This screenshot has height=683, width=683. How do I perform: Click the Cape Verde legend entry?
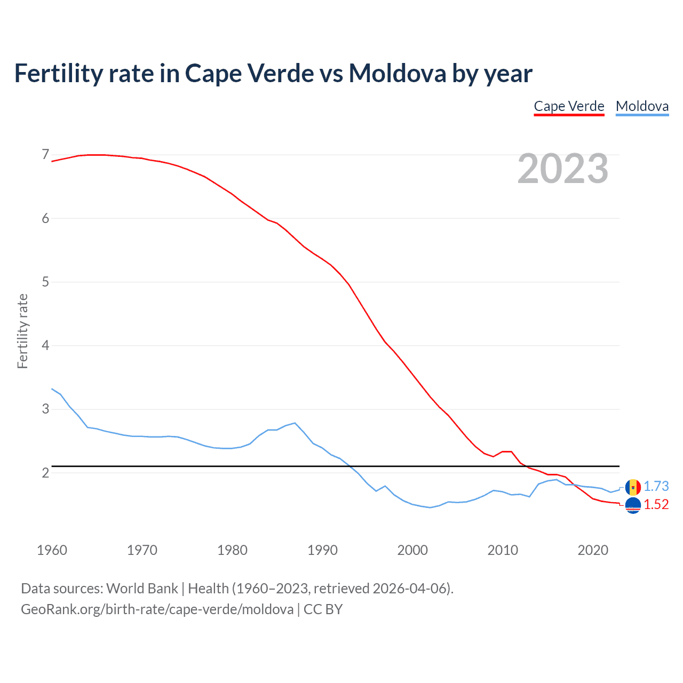(x=569, y=106)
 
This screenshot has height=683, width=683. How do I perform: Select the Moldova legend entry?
(x=642, y=106)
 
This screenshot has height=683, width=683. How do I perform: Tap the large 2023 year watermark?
(x=562, y=169)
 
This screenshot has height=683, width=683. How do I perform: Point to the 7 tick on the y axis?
(x=45, y=155)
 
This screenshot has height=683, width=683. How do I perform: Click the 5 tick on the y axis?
(x=45, y=282)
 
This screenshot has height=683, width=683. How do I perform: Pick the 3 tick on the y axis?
(x=45, y=409)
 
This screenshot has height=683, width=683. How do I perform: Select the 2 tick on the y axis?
(x=45, y=473)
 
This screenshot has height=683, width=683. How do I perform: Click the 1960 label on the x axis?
(x=52, y=550)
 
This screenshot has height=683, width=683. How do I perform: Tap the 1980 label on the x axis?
(x=232, y=550)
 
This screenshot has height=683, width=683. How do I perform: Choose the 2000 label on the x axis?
(x=412, y=550)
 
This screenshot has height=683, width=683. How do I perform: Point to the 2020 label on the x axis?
(x=593, y=550)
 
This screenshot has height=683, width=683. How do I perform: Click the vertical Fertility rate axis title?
(x=22, y=331)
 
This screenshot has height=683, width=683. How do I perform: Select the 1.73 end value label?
(x=656, y=486)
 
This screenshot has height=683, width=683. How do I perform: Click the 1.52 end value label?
(x=656, y=504)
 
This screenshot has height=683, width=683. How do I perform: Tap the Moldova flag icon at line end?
(x=633, y=487)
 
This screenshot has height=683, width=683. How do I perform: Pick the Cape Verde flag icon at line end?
(x=633, y=505)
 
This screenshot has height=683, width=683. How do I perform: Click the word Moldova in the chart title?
(x=398, y=73)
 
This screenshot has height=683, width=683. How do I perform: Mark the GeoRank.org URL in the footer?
(x=157, y=609)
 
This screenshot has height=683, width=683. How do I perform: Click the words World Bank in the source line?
(x=142, y=589)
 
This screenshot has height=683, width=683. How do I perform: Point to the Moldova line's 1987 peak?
(x=295, y=423)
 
